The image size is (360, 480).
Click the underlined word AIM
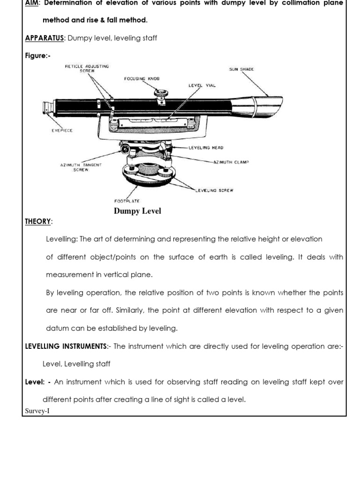tap(31, 3)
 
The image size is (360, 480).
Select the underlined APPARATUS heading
tap(44, 38)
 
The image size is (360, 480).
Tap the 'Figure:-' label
tap(37, 56)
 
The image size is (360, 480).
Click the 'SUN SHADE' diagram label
tap(241, 69)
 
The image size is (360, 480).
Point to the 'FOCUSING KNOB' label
tap(142, 79)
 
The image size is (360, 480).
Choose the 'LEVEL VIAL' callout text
tap(202, 86)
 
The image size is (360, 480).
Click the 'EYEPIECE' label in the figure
tap(62, 131)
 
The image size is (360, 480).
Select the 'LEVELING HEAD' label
tap(206, 148)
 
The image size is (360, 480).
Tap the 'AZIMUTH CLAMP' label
tap(231, 162)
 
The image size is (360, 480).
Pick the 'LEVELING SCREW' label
tap(214, 190)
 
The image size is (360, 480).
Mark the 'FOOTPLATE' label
tap(127, 201)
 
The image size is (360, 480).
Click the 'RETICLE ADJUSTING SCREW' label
tap(87, 68)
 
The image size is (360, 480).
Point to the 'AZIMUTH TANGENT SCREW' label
tap(81, 167)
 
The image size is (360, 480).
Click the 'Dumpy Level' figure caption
tap(137, 211)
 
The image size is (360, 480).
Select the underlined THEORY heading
tap(38, 222)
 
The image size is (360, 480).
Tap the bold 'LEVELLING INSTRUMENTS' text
tap(66, 346)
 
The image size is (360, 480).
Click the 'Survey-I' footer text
tap(37, 411)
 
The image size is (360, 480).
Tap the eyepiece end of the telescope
tap(48, 109)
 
